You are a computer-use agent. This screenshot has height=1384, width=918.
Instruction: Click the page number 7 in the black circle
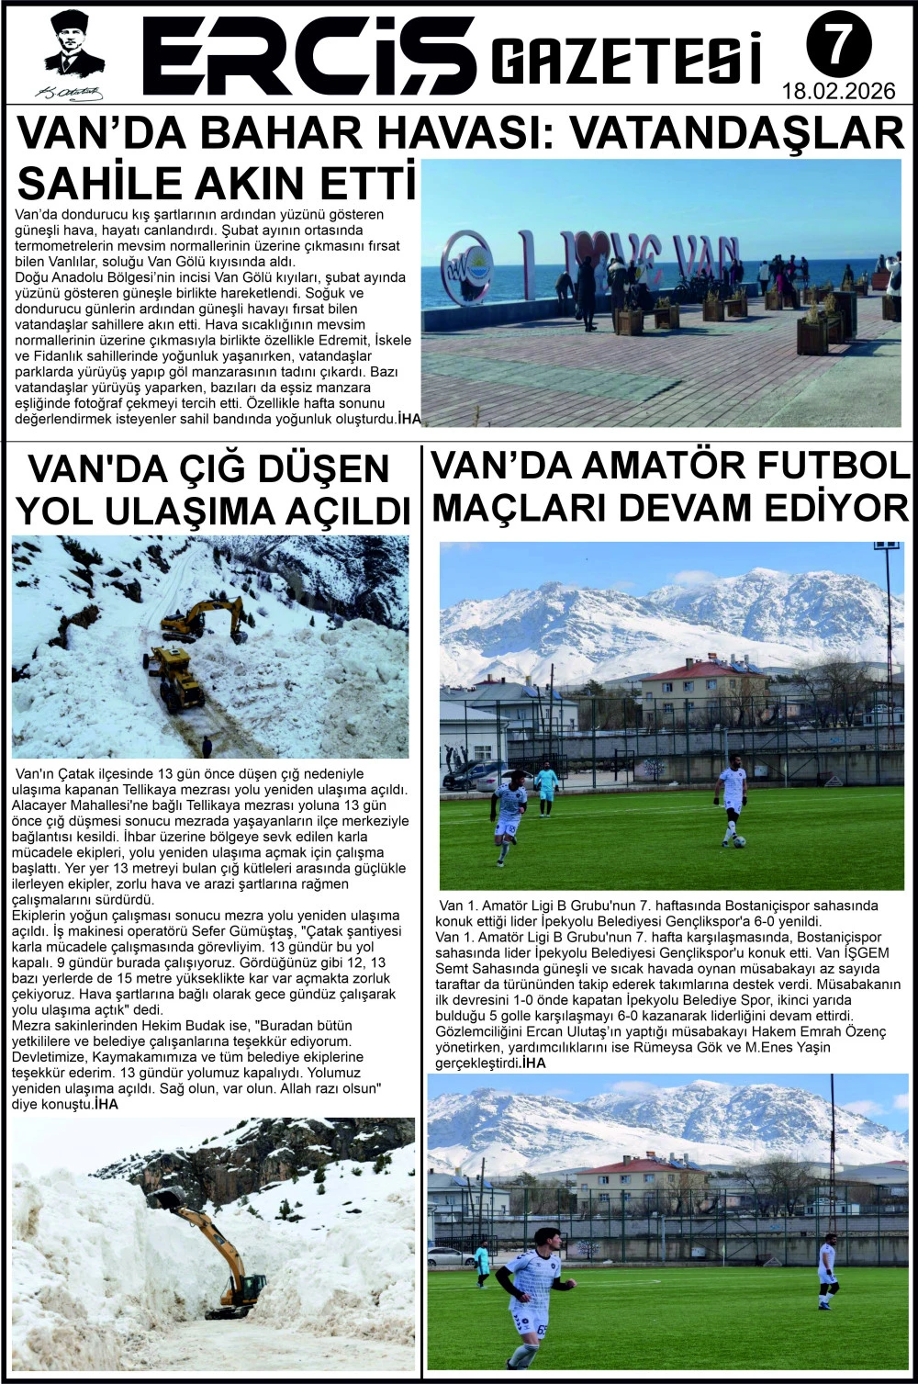[838, 45]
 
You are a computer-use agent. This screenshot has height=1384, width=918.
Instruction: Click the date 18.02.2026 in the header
[838, 92]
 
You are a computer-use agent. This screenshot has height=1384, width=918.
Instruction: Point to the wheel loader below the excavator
[177, 678]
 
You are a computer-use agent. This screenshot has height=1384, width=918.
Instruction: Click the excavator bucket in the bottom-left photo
[165, 1198]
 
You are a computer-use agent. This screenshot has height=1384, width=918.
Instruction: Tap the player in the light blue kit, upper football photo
[546, 789]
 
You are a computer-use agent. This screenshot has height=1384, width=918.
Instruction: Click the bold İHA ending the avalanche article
[106, 1105]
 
